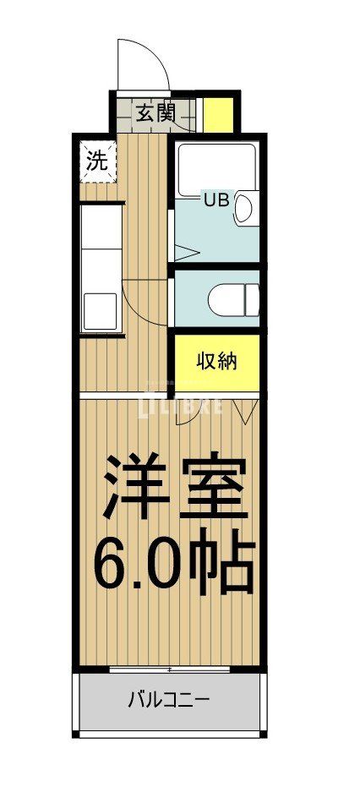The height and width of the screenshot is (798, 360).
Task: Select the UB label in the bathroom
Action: tap(214, 200)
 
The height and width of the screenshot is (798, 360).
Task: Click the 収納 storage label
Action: tap(216, 361)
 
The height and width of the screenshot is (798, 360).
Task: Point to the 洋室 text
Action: tap(176, 488)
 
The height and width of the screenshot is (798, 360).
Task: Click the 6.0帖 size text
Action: tap(174, 561)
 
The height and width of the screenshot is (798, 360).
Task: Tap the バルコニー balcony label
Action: tap(168, 700)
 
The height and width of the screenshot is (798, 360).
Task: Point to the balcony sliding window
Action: tap(170, 669)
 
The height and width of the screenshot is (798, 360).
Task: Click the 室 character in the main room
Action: tap(215, 488)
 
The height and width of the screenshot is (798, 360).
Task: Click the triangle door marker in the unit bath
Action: tap(187, 251)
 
